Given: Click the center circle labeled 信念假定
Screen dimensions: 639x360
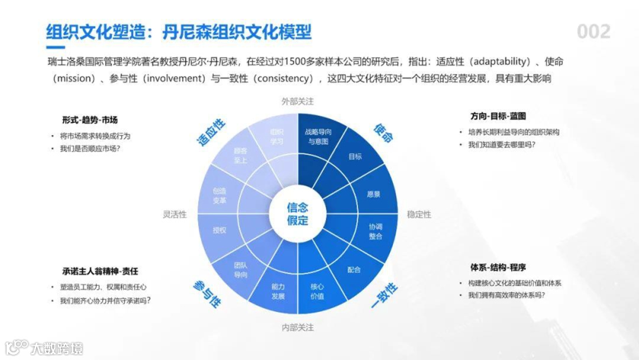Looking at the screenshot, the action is pyautogui.click(x=298, y=214).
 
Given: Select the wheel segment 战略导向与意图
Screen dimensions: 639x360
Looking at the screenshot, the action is pyautogui.click(x=318, y=137).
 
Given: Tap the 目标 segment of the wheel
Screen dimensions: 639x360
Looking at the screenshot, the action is pyautogui.click(x=355, y=157).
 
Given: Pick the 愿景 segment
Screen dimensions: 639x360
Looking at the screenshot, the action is pyautogui.click(x=373, y=194).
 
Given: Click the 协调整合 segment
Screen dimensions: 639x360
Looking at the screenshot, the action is pyautogui.click(x=375, y=232).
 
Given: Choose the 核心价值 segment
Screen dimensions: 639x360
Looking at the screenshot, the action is pyautogui.click(x=317, y=291).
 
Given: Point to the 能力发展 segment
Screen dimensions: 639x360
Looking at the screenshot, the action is pyautogui.click(x=278, y=291).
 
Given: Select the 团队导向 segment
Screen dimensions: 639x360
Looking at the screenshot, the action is pyautogui.click(x=241, y=270).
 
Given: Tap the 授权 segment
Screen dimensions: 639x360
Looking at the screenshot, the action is pyautogui.click(x=220, y=230).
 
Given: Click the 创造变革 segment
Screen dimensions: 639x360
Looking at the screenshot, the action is pyautogui.click(x=220, y=195).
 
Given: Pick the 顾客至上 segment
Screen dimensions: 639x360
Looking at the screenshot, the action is pyautogui.click(x=240, y=156).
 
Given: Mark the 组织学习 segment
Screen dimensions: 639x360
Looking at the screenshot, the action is pyautogui.click(x=277, y=137).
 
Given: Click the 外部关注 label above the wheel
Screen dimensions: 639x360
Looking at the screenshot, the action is pyautogui.click(x=298, y=101).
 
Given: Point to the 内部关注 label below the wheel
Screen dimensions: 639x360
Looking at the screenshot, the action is pyautogui.click(x=298, y=327).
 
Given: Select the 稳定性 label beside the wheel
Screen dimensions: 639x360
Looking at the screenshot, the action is pyautogui.click(x=419, y=214).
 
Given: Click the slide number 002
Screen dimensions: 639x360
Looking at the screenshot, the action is pyautogui.click(x=593, y=31).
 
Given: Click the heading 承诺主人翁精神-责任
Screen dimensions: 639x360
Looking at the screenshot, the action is pyautogui.click(x=100, y=271).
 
